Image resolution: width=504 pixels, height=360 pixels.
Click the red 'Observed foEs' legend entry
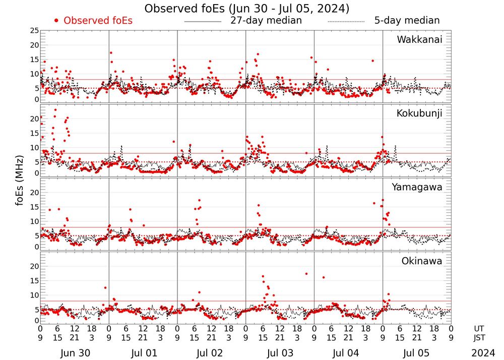[98, 21]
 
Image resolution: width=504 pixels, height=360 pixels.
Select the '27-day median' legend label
[266, 21]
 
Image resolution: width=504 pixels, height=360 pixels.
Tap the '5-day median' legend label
[407, 21]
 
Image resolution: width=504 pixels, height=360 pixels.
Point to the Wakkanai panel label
[419, 40]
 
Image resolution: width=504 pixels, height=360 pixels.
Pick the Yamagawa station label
[417, 188]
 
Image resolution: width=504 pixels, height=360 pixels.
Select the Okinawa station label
[421, 261]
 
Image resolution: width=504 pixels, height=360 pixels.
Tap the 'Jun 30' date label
[74, 353]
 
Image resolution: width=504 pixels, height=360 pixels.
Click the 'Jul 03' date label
[280, 353]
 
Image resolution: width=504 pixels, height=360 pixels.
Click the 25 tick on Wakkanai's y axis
[34, 31]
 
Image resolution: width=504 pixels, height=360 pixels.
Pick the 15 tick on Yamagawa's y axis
[34, 207]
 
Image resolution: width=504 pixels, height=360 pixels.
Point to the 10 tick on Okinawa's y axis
[34, 295]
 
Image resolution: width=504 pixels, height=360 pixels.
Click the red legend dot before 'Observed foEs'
[56, 21]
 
